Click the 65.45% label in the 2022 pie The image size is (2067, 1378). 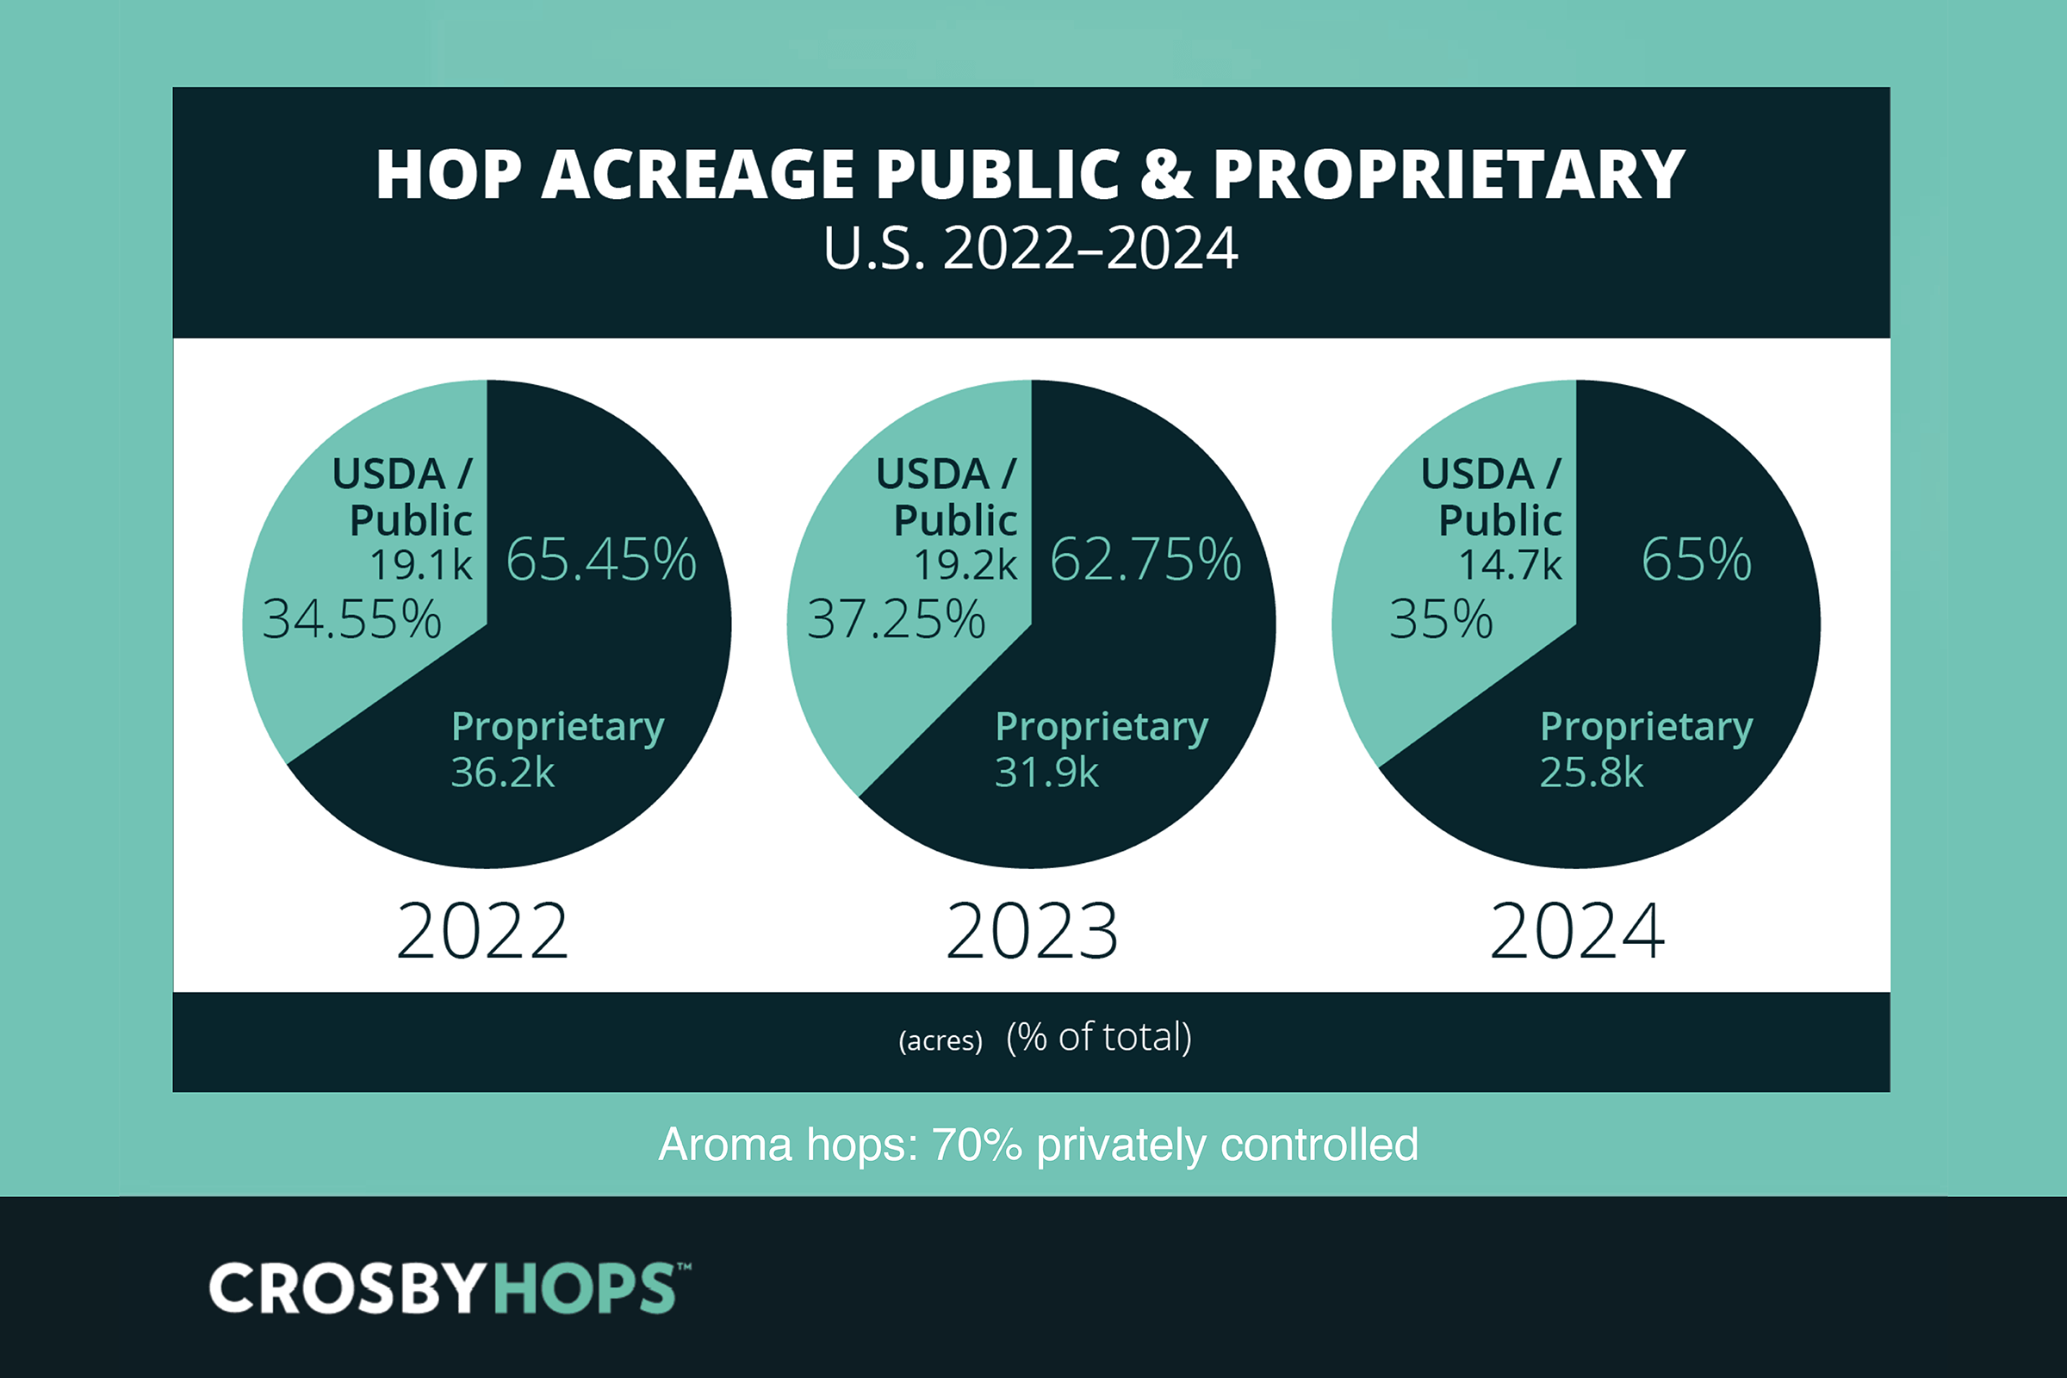coord(601,559)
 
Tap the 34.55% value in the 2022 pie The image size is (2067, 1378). coord(351,618)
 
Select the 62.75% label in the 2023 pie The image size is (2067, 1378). coord(1145,559)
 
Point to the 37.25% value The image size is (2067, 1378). coord(897,618)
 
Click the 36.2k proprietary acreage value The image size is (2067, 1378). coord(503,773)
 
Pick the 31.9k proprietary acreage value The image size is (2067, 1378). coord(1046,773)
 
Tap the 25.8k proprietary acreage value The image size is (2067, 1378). coord(1592,773)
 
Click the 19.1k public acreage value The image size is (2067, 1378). coord(421,564)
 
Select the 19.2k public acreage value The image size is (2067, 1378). coord(965,564)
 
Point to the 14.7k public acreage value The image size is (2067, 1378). coord(1510,564)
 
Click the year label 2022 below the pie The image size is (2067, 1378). coord(482,932)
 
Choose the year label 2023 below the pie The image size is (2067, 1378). coord(1032,932)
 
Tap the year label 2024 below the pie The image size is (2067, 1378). coord(1577,932)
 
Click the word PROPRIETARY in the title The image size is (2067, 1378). coord(1449,174)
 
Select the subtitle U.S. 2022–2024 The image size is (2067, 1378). coord(1031,248)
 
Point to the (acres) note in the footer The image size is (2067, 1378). coord(940,1040)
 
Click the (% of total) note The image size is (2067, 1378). coord(1099,1037)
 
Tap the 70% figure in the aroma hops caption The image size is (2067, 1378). coord(977,1145)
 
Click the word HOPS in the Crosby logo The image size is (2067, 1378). coord(584,1288)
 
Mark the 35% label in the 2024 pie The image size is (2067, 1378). coord(1441,618)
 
